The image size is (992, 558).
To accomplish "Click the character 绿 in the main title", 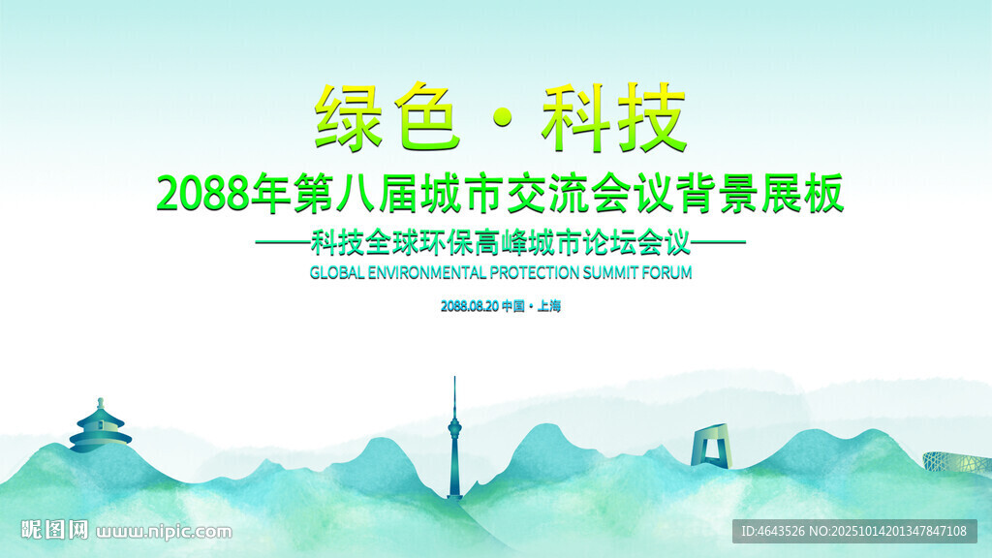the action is pyautogui.click(x=349, y=117).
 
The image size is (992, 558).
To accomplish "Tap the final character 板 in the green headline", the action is pyautogui.click(x=823, y=193).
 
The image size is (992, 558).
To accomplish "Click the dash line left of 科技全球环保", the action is pyautogui.click(x=283, y=241).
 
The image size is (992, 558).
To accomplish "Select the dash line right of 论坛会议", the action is pyautogui.click(x=718, y=241).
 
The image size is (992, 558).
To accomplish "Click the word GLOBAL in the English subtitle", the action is pyautogui.click(x=337, y=272).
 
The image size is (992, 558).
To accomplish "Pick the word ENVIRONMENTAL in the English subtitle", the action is pyautogui.click(x=427, y=272).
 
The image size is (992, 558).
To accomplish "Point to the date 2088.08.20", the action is pyautogui.click(x=470, y=306).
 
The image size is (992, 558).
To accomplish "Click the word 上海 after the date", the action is pyautogui.click(x=549, y=306).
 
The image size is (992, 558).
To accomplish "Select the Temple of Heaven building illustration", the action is pyautogui.click(x=100, y=426).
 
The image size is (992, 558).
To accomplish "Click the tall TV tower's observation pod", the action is pyautogui.click(x=454, y=429).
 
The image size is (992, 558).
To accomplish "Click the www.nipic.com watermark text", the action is pyautogui.click(x=165, y=532).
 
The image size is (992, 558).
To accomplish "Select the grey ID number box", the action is pyautogui.click(x=854, y=531).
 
